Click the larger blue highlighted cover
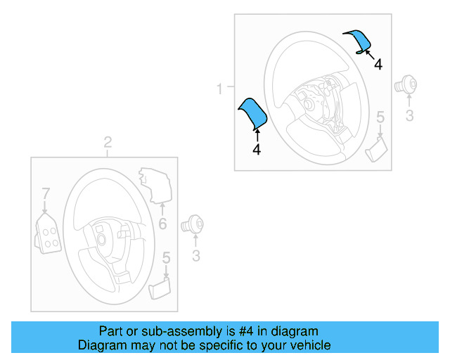tap(252, 115)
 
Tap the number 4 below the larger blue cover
tap(256, 150)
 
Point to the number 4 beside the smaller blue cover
tap(378, 64)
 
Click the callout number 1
tap(219, 89)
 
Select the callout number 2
tap(108, 143)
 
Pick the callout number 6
tap(162, 224)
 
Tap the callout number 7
tap(46, 193)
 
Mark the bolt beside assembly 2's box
tap(192, 225)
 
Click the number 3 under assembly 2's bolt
tap(196, 255)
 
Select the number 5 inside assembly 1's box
tap(380, 117)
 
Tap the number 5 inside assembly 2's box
tap(166, 258)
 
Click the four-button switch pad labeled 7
tap(47, 231)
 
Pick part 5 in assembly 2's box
tap(160, 288)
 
